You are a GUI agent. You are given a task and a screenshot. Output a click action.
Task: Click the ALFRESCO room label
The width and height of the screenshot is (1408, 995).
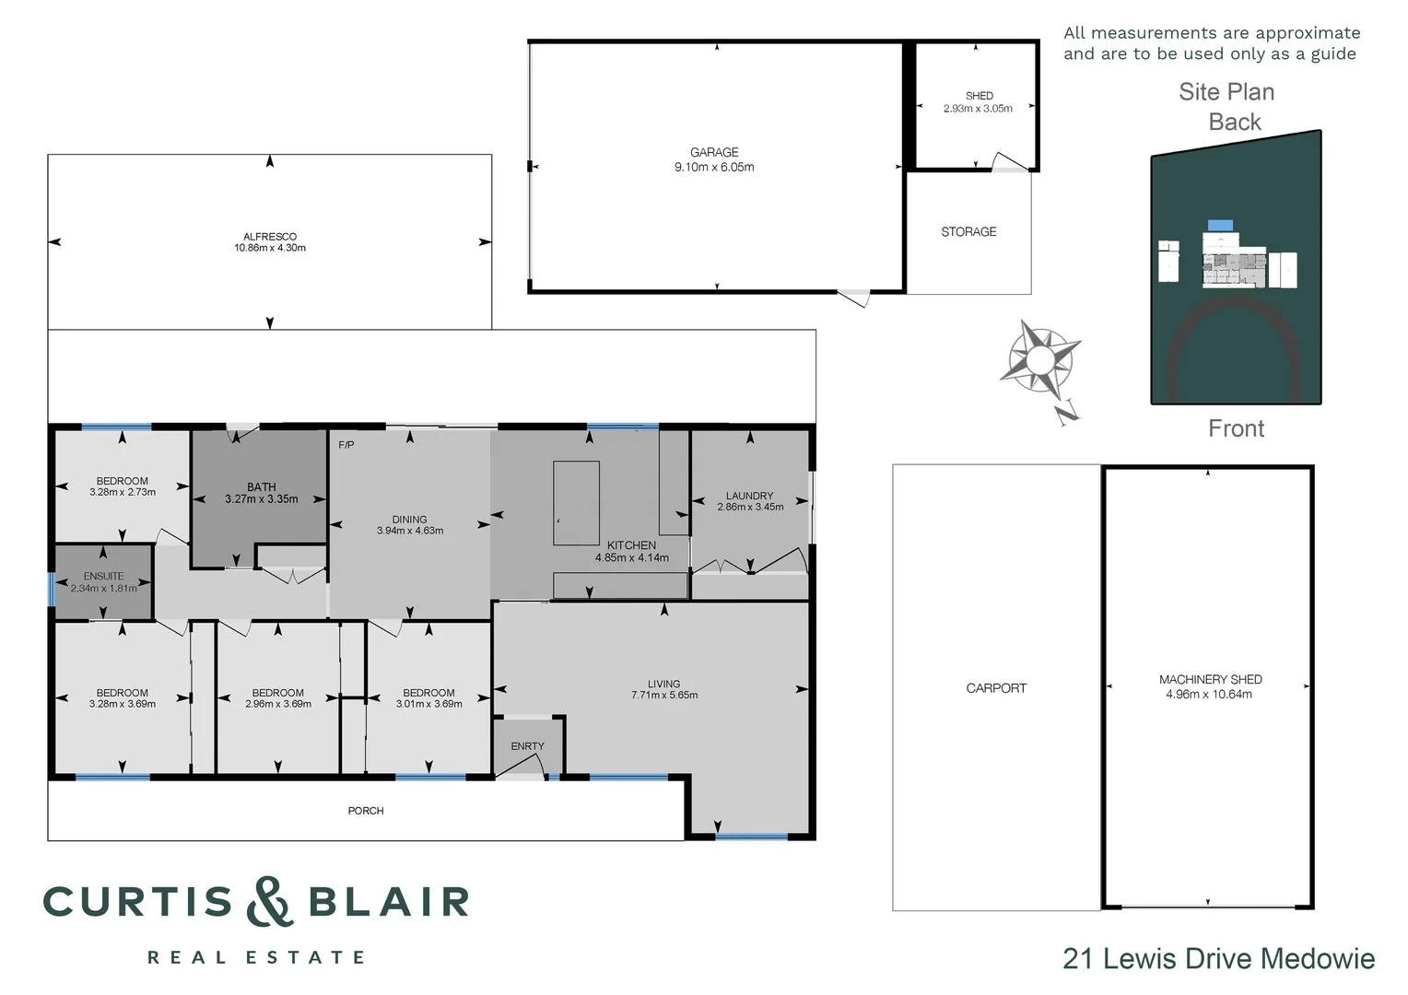coord(270,237)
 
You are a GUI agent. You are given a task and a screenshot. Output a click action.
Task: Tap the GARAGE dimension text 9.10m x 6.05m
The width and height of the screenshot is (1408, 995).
coord(714,168)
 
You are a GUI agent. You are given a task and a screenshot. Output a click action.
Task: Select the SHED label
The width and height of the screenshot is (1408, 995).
coord(979,96)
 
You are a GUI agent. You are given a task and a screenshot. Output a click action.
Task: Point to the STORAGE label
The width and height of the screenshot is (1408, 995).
coord(968,232)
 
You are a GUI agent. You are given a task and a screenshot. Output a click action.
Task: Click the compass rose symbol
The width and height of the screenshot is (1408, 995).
coord(1040,360)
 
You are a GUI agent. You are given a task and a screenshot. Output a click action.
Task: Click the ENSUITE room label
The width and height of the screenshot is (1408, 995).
coord(103,576)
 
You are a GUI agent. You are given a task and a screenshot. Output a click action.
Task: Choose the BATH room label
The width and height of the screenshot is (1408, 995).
coord(262,486)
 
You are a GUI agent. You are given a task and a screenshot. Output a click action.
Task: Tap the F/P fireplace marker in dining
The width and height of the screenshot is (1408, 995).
coord(346,445)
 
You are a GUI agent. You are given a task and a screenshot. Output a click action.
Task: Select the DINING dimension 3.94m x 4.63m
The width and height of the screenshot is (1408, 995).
coord(410,531)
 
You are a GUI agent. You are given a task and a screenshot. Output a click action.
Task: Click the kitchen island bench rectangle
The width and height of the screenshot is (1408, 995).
coord(576,503)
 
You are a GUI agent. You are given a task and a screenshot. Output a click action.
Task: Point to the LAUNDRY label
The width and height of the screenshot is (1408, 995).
coord(749,496)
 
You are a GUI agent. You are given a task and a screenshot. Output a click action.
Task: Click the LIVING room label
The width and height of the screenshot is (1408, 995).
coord(663,684)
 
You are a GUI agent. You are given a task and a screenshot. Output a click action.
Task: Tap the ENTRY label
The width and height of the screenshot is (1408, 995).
coord(527,746)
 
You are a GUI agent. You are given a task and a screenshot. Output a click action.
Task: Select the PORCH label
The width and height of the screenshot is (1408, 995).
coord(366,811)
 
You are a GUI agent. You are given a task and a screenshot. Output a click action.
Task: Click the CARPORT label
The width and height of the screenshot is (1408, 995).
coord(996,688)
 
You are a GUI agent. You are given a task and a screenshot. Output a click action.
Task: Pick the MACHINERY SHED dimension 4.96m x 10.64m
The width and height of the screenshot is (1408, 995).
coord(1209,695)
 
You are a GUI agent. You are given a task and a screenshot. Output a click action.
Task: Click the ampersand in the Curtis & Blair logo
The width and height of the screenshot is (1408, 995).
coord(270,901)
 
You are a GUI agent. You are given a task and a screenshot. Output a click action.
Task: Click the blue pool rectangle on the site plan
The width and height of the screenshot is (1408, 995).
coord(1220,225)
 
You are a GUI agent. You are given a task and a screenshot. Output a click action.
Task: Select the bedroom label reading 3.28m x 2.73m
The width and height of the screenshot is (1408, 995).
coord(123,492)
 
